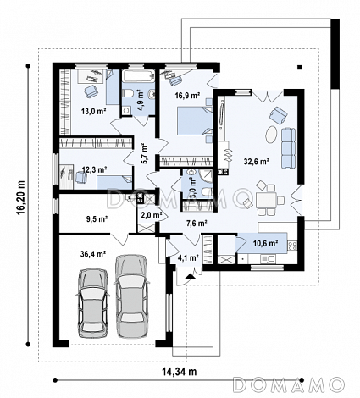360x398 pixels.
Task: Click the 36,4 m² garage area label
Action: [x=93, y=254]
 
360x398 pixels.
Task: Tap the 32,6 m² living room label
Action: [x=256, y=162]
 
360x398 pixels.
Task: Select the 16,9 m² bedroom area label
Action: [x=187, y=96]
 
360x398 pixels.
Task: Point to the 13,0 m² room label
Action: [x=93, y=111]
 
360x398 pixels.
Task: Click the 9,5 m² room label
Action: [x=97, y=218]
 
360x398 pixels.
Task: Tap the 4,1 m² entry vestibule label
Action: [x=188, y=257]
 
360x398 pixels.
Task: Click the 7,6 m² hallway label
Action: [x=197, y=224]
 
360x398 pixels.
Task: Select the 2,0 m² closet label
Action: [x=152, y=215]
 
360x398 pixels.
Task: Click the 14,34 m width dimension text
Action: [x=180, y=372]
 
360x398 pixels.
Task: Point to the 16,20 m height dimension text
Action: [x=21, y=198]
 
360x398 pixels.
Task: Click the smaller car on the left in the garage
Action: [x=93, y=303]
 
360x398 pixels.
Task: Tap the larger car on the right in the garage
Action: [x=131, y=296]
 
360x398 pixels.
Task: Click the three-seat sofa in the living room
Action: [x=288, y=148]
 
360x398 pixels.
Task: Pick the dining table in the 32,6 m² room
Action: [x=266, y=200]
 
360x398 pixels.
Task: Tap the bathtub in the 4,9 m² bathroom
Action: [x=138, y=75]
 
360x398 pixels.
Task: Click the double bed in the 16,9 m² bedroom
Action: [x=195, y=120]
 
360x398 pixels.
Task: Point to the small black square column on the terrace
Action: [x=300, y=67]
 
